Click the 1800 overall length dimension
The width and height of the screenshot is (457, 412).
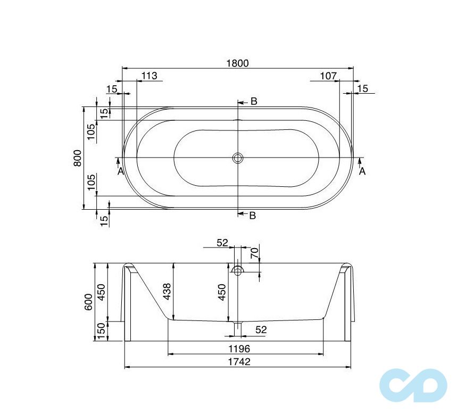click(x=237, y=63)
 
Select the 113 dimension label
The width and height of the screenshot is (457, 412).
click(x=149, y=76)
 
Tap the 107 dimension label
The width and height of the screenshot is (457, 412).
click(x=328, y=76)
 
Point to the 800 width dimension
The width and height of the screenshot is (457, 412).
click(x=78, y=158)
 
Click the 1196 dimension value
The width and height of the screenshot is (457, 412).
click(x=239, y=349)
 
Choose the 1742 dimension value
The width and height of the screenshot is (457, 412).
click(x=239, y=361)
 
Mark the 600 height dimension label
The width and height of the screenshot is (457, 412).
click(x=89, y=302)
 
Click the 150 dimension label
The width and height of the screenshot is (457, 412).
click(x=101, y=331)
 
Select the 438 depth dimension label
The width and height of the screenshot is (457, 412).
click(x=167, y=292)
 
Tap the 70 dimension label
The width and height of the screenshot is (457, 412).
click(x=254, y=253)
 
